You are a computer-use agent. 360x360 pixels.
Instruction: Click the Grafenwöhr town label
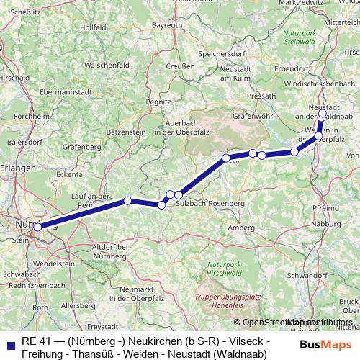253,114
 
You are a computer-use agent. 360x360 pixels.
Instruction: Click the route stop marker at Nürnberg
37,228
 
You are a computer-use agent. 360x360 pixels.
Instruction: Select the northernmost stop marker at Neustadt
322,113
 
